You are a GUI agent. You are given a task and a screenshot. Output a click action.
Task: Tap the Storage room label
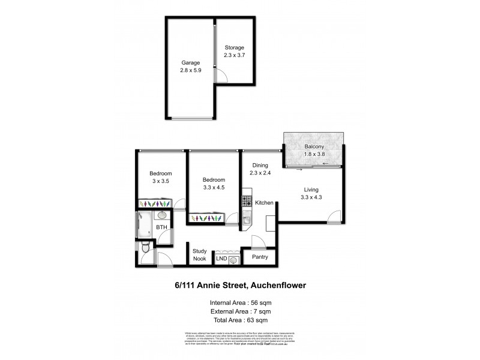click(235, 47)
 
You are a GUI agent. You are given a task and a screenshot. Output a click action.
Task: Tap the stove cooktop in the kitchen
click(247, 200)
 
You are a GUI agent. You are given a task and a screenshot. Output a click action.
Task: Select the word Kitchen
click(264, 203)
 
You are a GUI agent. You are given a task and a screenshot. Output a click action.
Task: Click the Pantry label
click(260, 257)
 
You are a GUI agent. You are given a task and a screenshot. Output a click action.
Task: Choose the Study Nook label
click(199, 255)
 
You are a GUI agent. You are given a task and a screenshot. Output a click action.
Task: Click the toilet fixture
click(145, 247)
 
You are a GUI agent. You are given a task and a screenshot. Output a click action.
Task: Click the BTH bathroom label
click(161, 228)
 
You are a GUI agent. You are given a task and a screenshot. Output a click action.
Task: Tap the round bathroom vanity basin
click(162, 214)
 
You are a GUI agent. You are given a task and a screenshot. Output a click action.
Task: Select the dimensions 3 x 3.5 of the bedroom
click(161, 181)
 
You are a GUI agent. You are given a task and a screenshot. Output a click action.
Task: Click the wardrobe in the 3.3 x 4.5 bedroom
click(206, 217)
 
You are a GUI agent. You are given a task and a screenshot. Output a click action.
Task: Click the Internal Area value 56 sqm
click(263, 302)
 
